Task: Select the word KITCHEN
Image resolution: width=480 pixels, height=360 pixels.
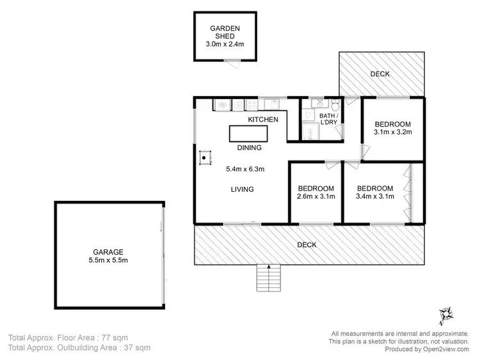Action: [x=263, y=120]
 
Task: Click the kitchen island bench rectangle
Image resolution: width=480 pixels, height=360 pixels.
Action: [x=248, y=133]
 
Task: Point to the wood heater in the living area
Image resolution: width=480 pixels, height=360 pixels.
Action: [x=205, y=156]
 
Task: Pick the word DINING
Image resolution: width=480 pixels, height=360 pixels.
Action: [x=249, y=148]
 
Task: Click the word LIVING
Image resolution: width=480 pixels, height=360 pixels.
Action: [x=243, y=189]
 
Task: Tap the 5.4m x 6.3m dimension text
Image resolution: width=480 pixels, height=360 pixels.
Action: [x=245, y=169]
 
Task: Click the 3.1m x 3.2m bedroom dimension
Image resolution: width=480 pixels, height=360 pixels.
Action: [x=392, y=133]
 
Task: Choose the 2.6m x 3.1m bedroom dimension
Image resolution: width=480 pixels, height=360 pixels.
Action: [x=316, y=198]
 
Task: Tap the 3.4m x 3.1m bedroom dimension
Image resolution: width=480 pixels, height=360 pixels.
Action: [x=374, y=198]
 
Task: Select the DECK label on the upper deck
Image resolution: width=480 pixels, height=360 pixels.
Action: [x=380, y=74]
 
